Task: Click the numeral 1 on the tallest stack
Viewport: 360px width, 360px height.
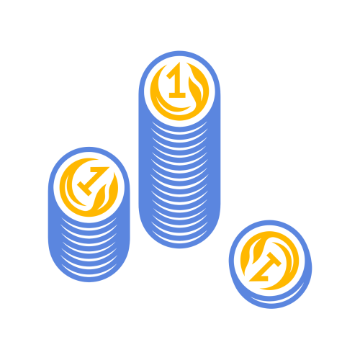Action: [x=178, y=81]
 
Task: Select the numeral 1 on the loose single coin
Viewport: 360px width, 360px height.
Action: [x=266, y=267]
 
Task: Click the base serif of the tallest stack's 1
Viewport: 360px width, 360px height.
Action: [x=177, y=95]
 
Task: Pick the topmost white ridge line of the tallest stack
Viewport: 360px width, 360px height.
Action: [x=179, y=129]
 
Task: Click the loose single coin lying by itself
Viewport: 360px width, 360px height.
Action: [x=270, y=264]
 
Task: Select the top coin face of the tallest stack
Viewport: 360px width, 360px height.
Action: [x=179, y=91]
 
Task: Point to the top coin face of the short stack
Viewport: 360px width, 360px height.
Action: [x=89, y=187]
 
